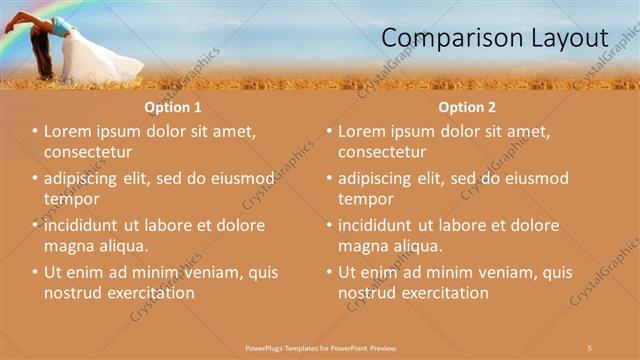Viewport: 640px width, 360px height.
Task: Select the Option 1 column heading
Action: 173,106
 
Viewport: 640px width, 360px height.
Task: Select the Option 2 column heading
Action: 466,106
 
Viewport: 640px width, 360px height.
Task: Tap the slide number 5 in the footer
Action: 590,347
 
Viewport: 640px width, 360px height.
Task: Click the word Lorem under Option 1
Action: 69,132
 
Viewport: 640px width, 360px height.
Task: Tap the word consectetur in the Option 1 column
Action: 88,152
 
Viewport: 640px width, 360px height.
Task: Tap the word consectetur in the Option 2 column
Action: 382,152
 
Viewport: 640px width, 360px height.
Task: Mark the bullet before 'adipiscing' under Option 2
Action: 329,179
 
